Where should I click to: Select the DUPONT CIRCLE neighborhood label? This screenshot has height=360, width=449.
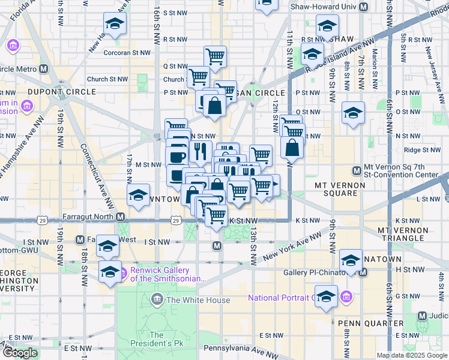pyautogui.click(x=61, y=92)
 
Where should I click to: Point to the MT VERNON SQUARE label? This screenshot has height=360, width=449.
pyautogui.click(x=340, y=185)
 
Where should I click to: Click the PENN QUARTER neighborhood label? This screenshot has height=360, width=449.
pyautogui.click(x=361, y=323)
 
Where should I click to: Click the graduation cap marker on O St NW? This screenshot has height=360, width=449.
pyautogui.click(x=353, y=112)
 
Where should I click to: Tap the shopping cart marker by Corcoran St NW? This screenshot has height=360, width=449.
pyautogui.click(x=215, y=56)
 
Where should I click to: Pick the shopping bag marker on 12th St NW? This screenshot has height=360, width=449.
pyautogui.click(x=291, y=148)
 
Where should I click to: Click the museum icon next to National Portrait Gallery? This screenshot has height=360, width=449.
pyautogui.click(x=346, y=296)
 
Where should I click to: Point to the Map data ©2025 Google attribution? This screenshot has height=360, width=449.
pyautogui.click(x=412, y=355)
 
